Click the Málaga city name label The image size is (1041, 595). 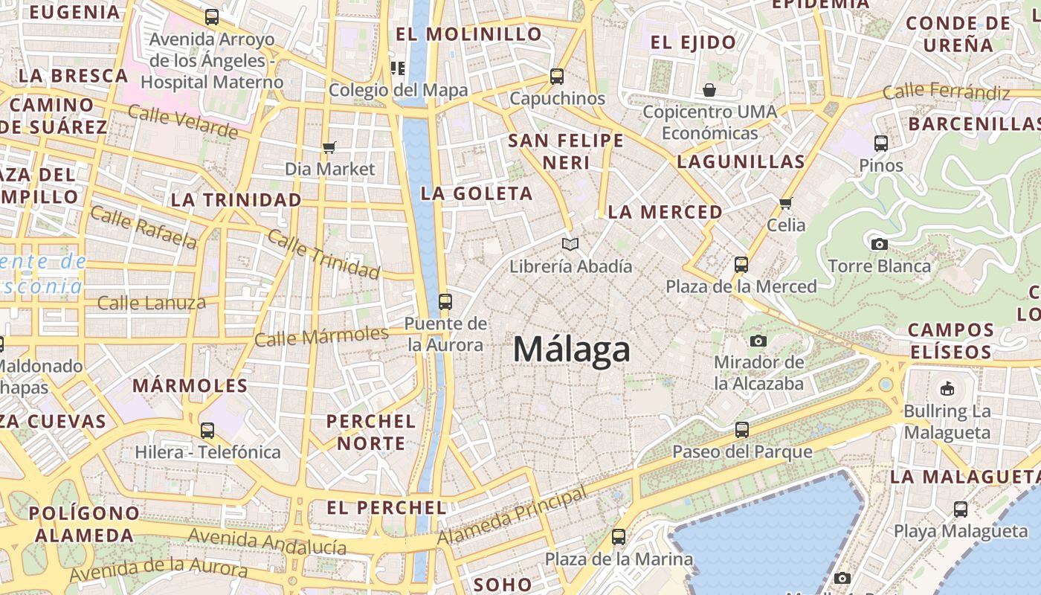click(572, 349)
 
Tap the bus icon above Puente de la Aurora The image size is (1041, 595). click(445, 301)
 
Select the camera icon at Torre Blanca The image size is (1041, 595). click(879, 243)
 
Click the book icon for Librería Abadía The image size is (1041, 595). click(570, 244)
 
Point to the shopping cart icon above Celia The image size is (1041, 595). click(786, 203)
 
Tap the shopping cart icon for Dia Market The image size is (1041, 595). click(329, 147)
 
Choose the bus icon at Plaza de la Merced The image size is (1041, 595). click(741, 264)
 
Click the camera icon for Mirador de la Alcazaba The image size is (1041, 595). click(758, 341)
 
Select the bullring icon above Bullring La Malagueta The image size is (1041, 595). click(947, 388)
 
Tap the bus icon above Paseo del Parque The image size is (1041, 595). click(741, 429)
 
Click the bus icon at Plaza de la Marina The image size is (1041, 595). click(619, 536)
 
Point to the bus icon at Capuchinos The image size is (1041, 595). click(557, 76)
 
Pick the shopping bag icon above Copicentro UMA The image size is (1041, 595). click(709, 90)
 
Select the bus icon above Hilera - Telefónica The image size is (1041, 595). click(207, 430)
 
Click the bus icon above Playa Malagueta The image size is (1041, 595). click(961, 509)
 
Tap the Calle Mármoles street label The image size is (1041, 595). click(321, 337)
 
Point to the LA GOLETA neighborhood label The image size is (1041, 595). click(477, 193)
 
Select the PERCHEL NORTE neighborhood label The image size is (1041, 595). click(370, 432)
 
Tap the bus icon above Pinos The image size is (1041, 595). click(881, 143)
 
